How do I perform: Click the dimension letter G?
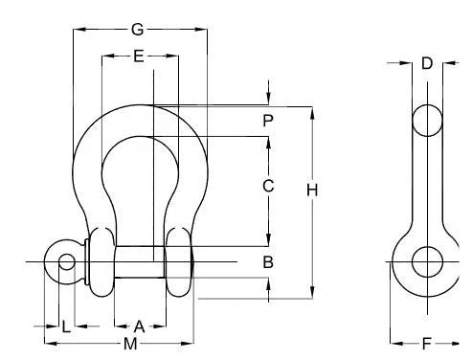click(x=138, y=30)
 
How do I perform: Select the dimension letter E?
click(x=139, y=56)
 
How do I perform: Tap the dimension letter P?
click(x=268, y=121)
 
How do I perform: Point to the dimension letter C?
click(x=268, y=186)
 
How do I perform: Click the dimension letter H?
click(x=312, y=191)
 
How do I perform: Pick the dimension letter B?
click(x=268, y=262)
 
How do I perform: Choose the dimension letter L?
click(x=66, y=326)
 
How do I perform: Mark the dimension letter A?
click(x=139, y=326)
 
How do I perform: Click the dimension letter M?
click(x=130, y=344)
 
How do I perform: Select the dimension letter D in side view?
click(x=427, y=63)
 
